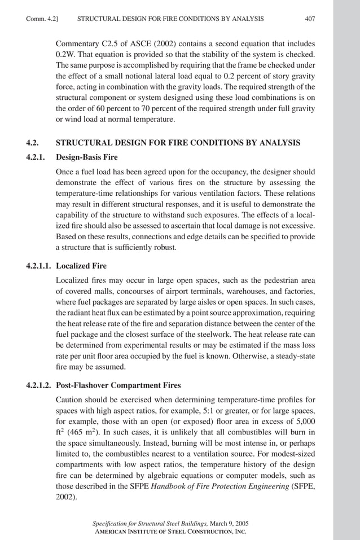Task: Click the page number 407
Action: coord(309,19)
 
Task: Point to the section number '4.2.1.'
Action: coord(37,158)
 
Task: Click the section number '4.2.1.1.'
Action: coord(40,265)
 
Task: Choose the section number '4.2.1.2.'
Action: coord(40,385)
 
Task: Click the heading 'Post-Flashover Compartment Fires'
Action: coord(118,385)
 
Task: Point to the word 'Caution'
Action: coord(69,399)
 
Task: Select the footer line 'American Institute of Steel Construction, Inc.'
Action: coord(169,532)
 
